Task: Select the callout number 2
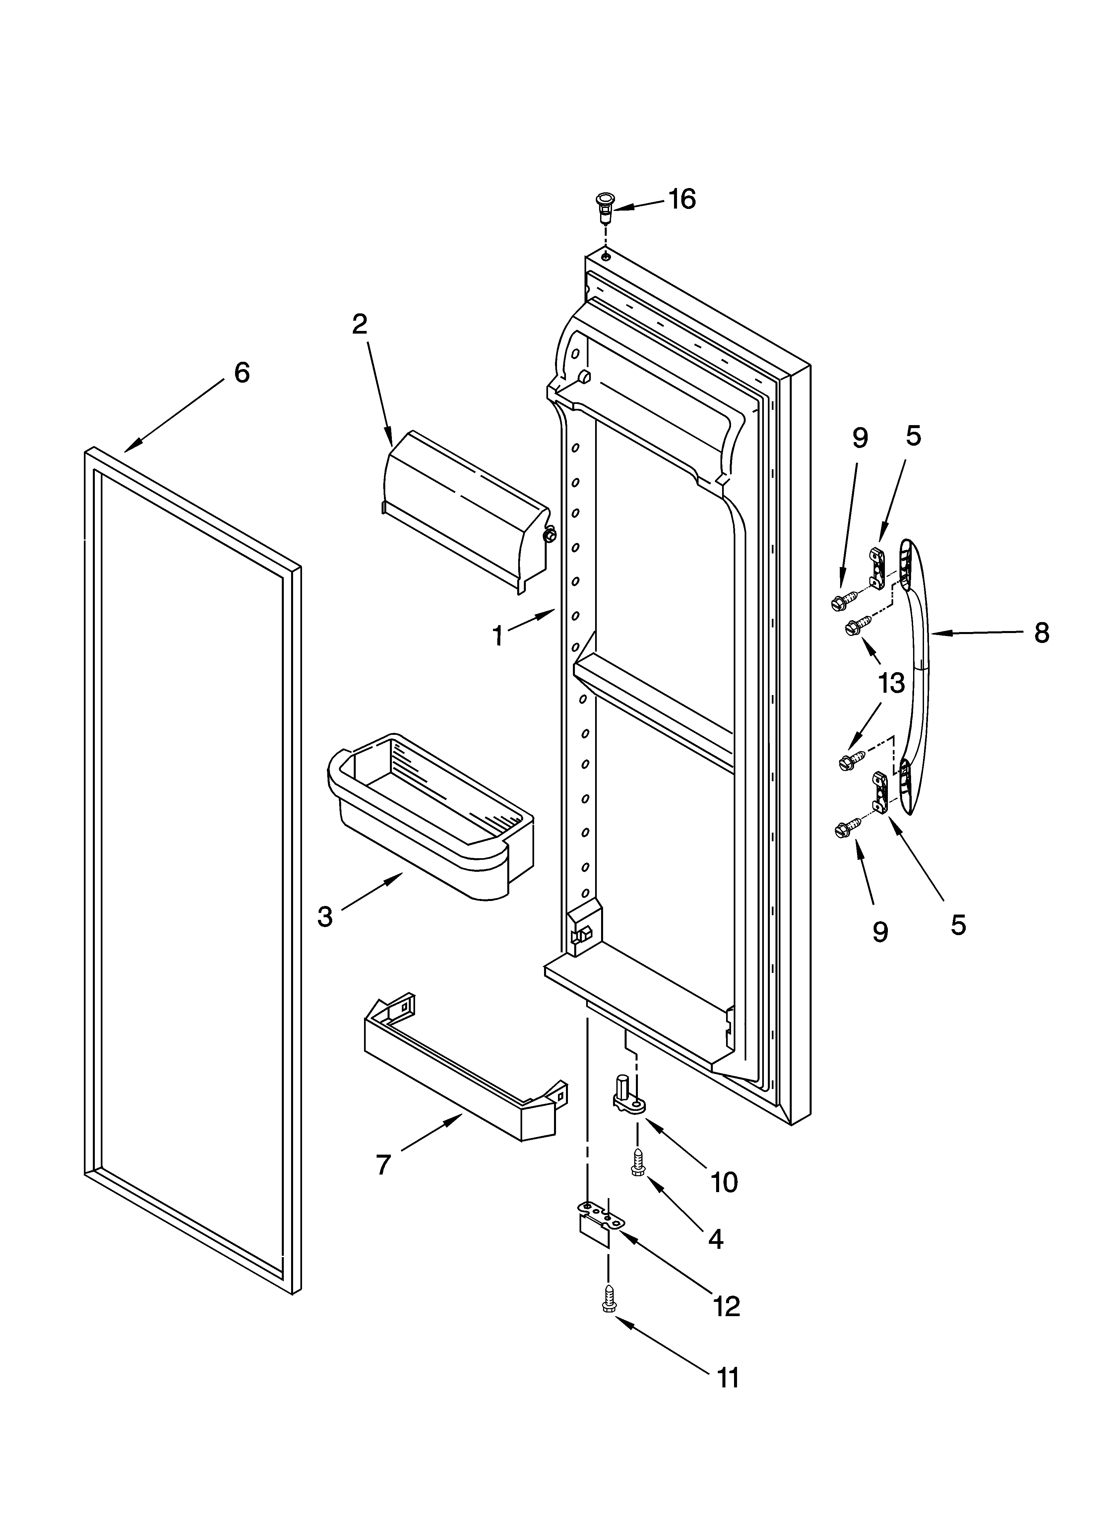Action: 360,325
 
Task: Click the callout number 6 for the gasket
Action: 241,372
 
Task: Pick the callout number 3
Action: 325,917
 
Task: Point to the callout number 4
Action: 716,1239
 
